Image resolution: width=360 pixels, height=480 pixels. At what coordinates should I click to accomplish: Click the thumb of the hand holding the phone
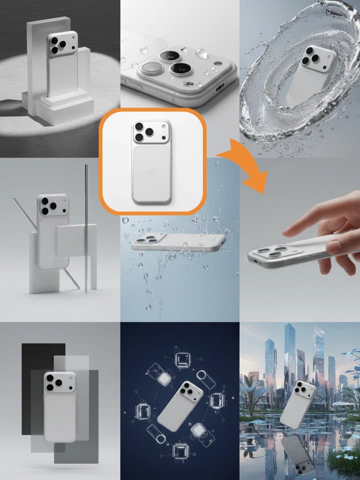click(334, 245)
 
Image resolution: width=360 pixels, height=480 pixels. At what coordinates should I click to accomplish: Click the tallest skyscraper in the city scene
click(290, 355)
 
